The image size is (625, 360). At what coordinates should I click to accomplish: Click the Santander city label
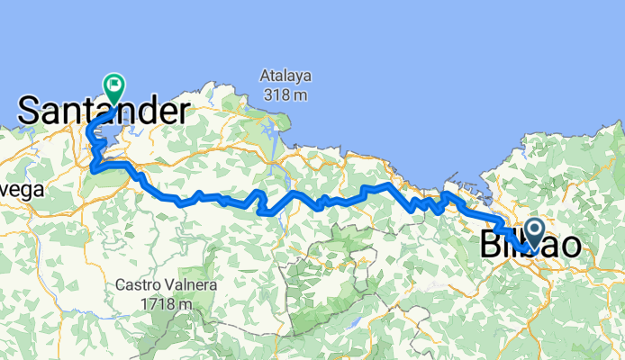104,112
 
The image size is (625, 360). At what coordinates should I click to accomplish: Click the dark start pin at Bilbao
533,235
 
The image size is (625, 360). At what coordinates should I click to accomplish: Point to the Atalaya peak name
285,76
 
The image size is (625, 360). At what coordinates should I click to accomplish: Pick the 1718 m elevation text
166,304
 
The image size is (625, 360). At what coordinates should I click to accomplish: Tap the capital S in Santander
29,112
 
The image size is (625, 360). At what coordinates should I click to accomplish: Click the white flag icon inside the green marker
115,85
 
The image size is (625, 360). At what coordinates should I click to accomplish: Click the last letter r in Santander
184,112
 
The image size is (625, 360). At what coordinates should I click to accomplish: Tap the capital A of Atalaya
266,76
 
